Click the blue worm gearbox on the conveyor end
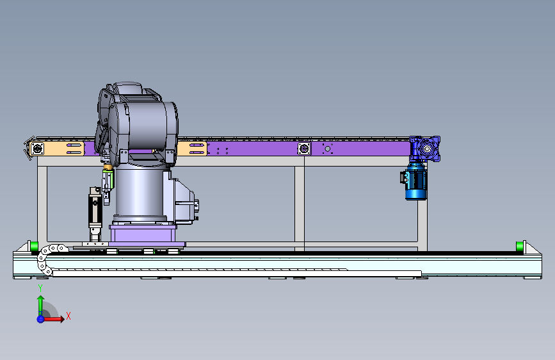425,149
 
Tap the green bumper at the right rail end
520,246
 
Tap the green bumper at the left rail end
34,246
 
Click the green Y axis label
40,288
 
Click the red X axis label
68,316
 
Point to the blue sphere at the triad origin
40,319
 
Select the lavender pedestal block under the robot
143,234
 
